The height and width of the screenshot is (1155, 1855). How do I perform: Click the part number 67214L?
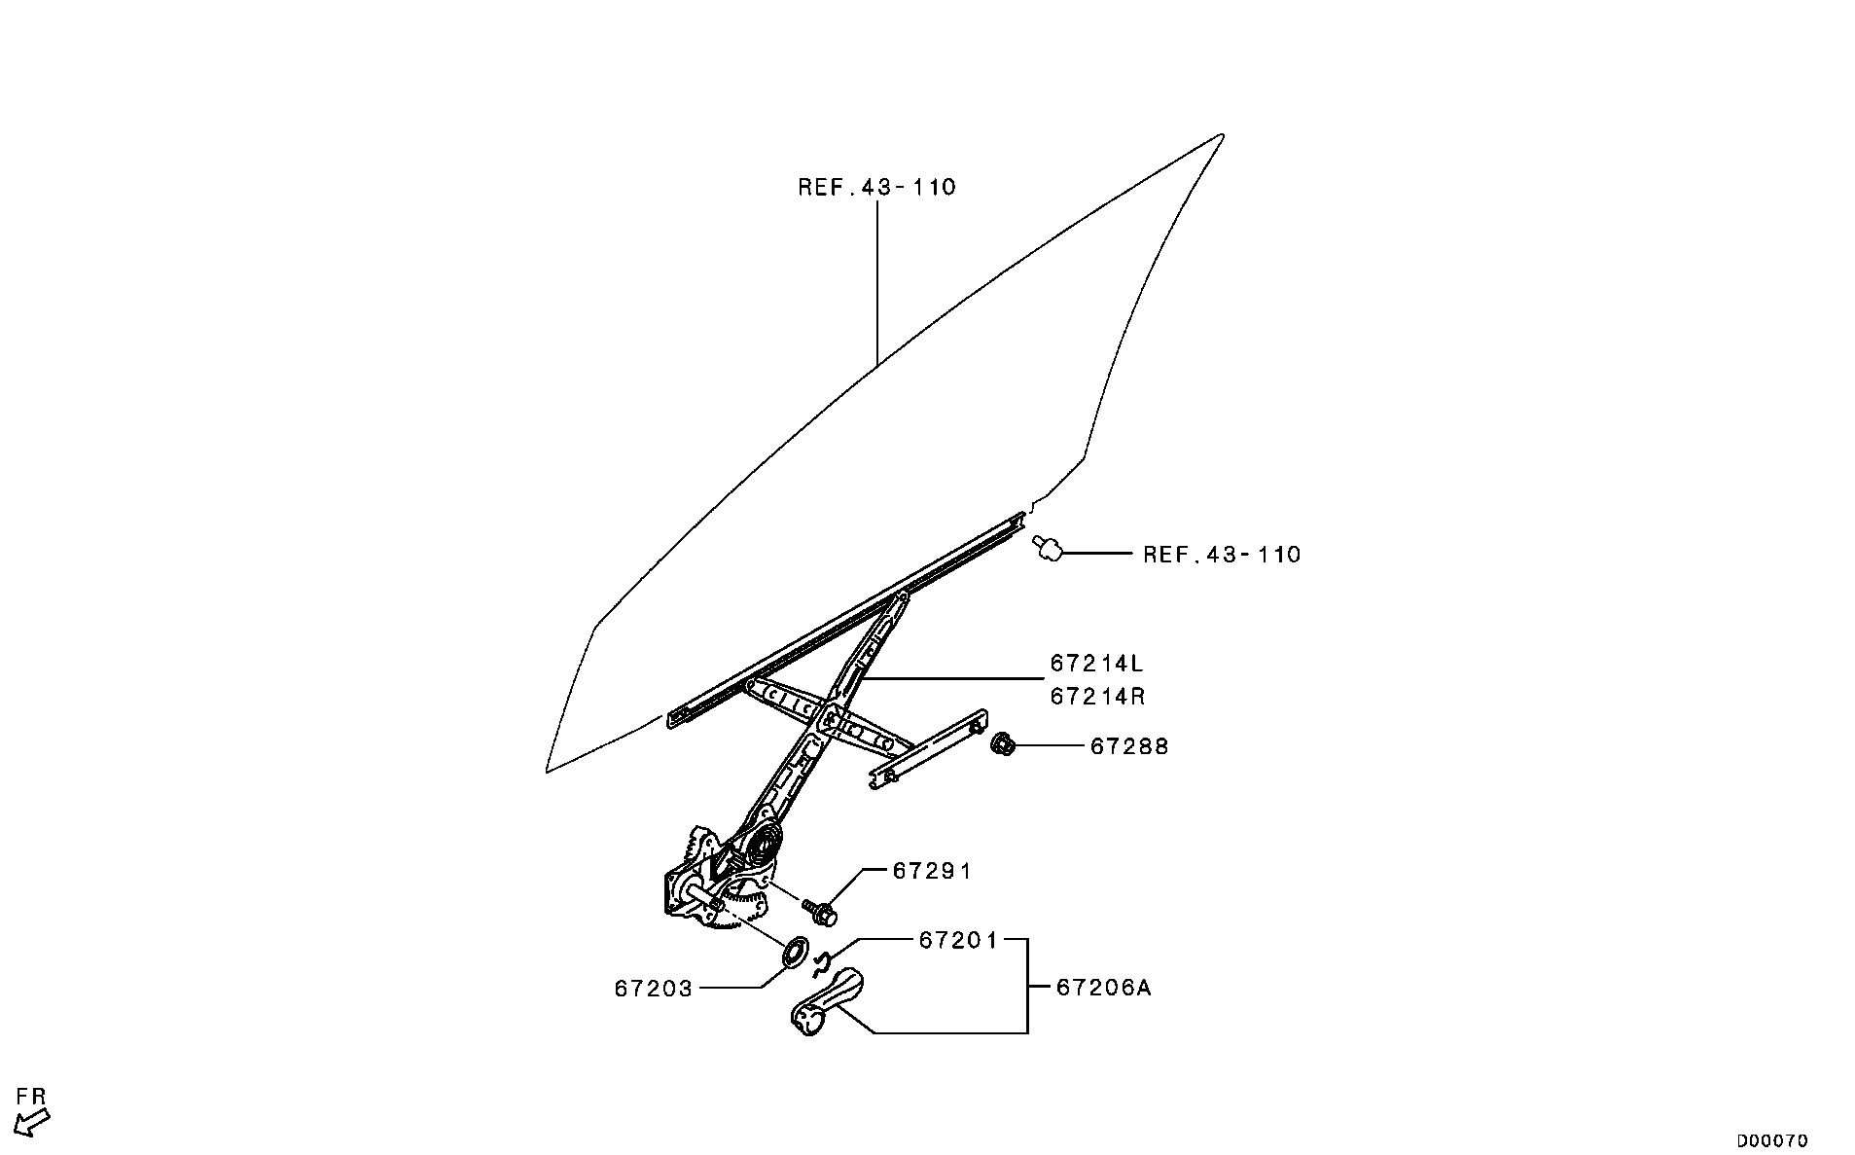(x=1096, y=664)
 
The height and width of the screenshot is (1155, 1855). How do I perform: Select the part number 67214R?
(x=1096, y=697)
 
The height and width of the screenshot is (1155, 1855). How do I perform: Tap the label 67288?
(x=1129, y=746)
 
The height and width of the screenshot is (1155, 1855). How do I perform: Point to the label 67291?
(x=932, y=871)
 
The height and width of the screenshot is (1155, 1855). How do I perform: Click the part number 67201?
(x=958, y=940)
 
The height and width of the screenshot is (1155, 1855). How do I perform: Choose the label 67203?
(x=654, y=989)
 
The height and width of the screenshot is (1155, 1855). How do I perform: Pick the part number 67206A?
(x=1104, y=988)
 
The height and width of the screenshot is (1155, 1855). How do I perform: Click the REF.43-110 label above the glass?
(x=877, y=187)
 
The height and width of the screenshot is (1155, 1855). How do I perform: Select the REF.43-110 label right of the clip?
(x=1222, y=555)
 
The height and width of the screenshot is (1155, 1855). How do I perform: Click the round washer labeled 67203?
(x=796, y=951)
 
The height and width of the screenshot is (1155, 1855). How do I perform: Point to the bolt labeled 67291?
(x=821, y=911)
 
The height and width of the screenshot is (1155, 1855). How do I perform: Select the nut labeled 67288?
(x=1004, y=746)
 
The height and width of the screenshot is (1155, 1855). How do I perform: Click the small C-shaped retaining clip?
(x=821, y=963)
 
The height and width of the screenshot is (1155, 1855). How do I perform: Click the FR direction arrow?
(x=34, y=1123)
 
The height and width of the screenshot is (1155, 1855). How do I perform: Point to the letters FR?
(x=32, y=1097)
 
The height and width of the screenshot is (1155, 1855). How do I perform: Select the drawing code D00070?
(x=1772, y=1140)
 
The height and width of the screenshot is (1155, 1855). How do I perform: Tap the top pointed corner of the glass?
(x=1223, y=134)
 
